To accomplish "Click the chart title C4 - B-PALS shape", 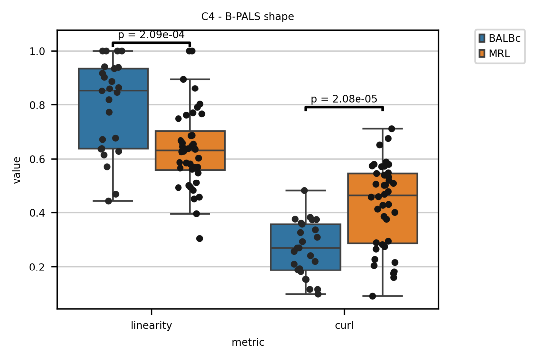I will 248,17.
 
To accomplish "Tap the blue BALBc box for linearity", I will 113,108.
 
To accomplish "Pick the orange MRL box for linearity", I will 190,150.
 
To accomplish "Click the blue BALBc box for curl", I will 306,247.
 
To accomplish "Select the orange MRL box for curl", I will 383,208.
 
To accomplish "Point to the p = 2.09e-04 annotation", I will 151,35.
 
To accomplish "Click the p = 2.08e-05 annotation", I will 344,99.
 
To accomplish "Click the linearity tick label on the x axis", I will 151,326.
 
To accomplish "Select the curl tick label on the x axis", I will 344,326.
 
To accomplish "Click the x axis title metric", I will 248,342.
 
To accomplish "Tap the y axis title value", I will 17,170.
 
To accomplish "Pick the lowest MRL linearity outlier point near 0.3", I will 199,238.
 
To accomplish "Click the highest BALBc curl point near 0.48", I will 304,190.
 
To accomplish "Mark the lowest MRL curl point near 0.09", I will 372,296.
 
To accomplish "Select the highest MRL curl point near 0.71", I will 391,129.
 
